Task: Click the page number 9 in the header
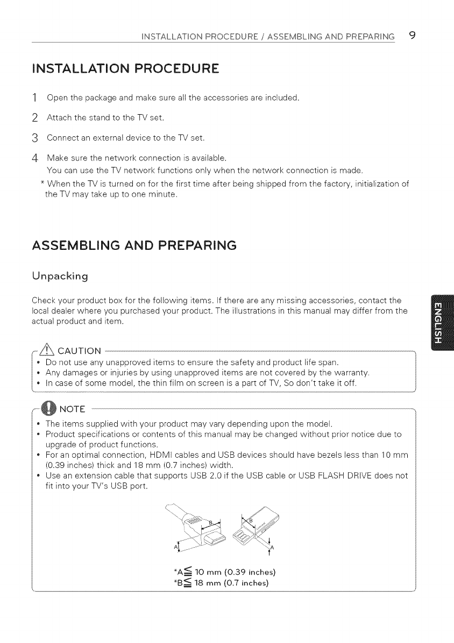tap(412, 36)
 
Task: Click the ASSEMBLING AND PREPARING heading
tap(134, 246)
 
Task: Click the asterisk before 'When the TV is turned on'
tap(42, 184)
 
